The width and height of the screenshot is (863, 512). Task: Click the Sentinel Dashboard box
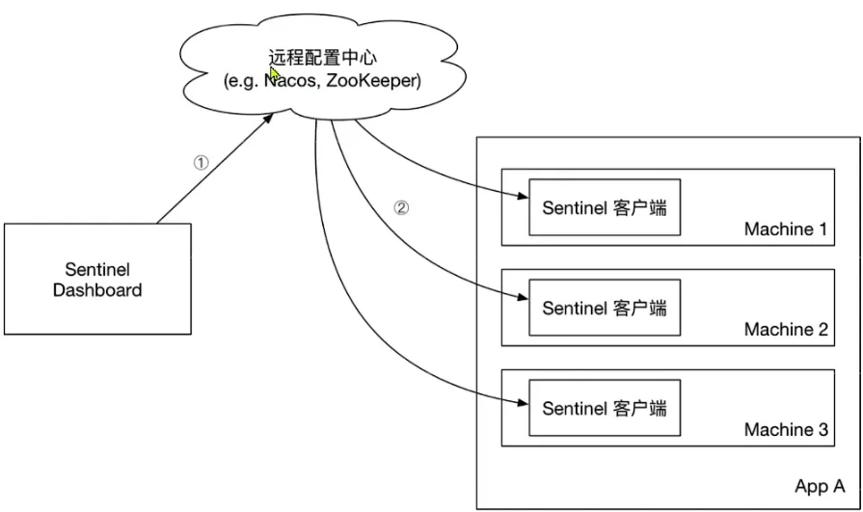click(97, 279)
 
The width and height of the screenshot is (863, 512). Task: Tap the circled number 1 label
click(202, 163)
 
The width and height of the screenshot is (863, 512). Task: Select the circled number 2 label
click(401, 207)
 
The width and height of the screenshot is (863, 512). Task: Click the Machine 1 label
click(786, 229)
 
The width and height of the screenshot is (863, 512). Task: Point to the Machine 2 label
click(786, 329)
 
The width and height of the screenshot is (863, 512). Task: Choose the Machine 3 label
click(786, 429)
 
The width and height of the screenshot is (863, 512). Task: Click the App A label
click(820, 486)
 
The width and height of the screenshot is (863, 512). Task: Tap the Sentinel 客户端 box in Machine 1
click(605, 207)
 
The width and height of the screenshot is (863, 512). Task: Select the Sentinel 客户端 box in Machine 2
click(605, 308)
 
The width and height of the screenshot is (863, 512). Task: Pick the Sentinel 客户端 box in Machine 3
click(605, 408)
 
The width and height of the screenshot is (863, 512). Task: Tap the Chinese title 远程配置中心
click(322, 57)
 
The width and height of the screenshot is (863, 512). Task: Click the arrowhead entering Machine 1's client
click(523, 196)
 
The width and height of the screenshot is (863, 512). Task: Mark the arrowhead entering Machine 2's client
click(523, 297)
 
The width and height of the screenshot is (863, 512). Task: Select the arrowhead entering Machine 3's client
click(523, 403)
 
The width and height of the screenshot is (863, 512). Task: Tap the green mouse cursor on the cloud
click(275, 74)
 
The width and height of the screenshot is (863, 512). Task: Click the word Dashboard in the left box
click(97, 290)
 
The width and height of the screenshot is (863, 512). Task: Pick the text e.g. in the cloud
click(242, 81)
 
